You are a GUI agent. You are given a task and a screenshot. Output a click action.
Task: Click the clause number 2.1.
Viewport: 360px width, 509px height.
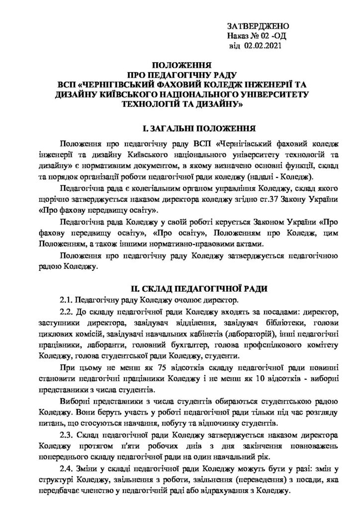pyautogui.click(x=66, y=300)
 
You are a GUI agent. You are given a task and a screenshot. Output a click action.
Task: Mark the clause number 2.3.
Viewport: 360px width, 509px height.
pyautogui.click(x=66, y=435)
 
